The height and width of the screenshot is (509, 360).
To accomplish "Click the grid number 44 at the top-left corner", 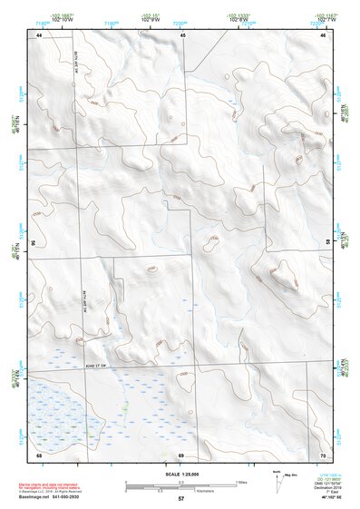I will point(39,34).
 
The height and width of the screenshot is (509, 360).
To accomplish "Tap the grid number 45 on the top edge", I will point(182,34).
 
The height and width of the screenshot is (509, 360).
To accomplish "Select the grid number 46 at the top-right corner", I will point(323,34).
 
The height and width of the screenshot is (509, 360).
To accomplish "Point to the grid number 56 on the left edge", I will point(34,243).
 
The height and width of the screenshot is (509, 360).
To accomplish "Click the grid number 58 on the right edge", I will point(328,243).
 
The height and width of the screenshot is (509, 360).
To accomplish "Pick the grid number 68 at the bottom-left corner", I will point(39,455).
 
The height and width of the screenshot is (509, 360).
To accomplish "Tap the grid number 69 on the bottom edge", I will point(181,455).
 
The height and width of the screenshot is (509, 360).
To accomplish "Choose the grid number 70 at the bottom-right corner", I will point(323,455).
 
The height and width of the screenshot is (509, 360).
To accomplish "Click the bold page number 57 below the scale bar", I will point(181,499).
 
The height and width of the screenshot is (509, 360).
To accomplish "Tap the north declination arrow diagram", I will point(277,478).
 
